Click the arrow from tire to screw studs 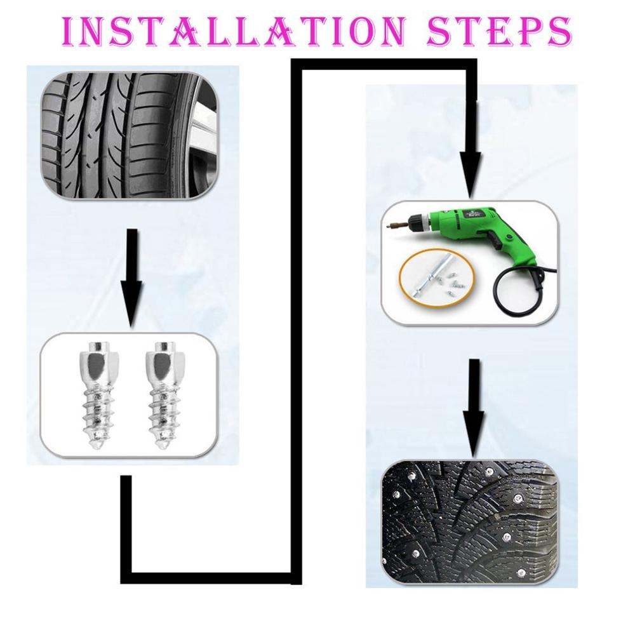click(132, 273)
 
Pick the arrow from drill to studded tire click(474, 406)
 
